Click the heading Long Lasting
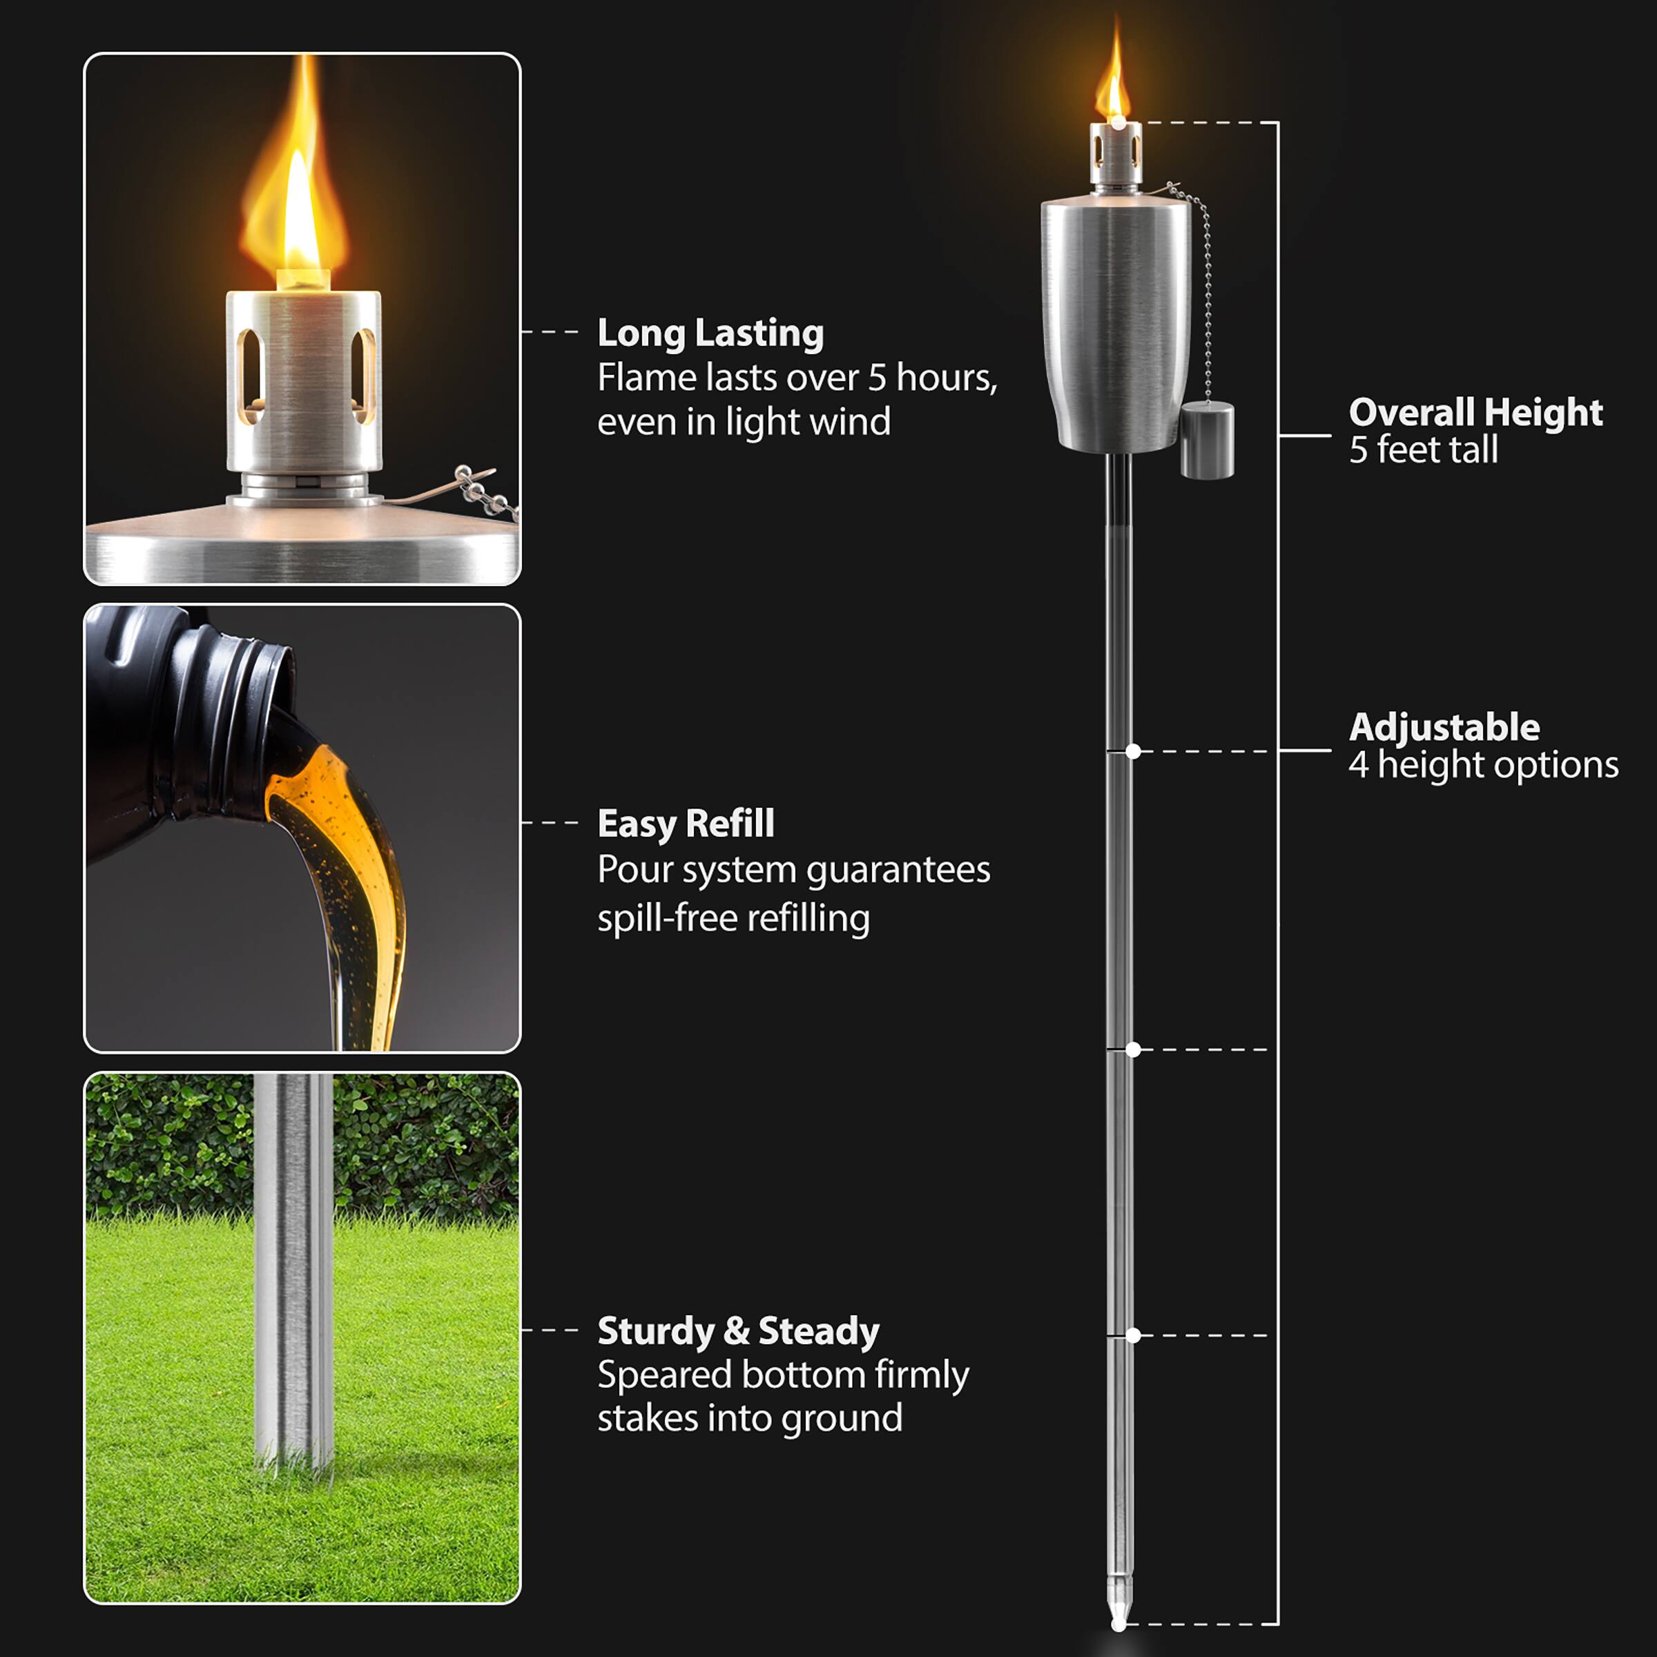710,333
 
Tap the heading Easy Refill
686,824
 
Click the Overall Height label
1475,413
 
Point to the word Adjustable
1444,727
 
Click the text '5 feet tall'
1424,450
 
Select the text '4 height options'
1484,765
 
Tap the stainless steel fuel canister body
1115,326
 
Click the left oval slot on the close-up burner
249,375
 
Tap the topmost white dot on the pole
1118,124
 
